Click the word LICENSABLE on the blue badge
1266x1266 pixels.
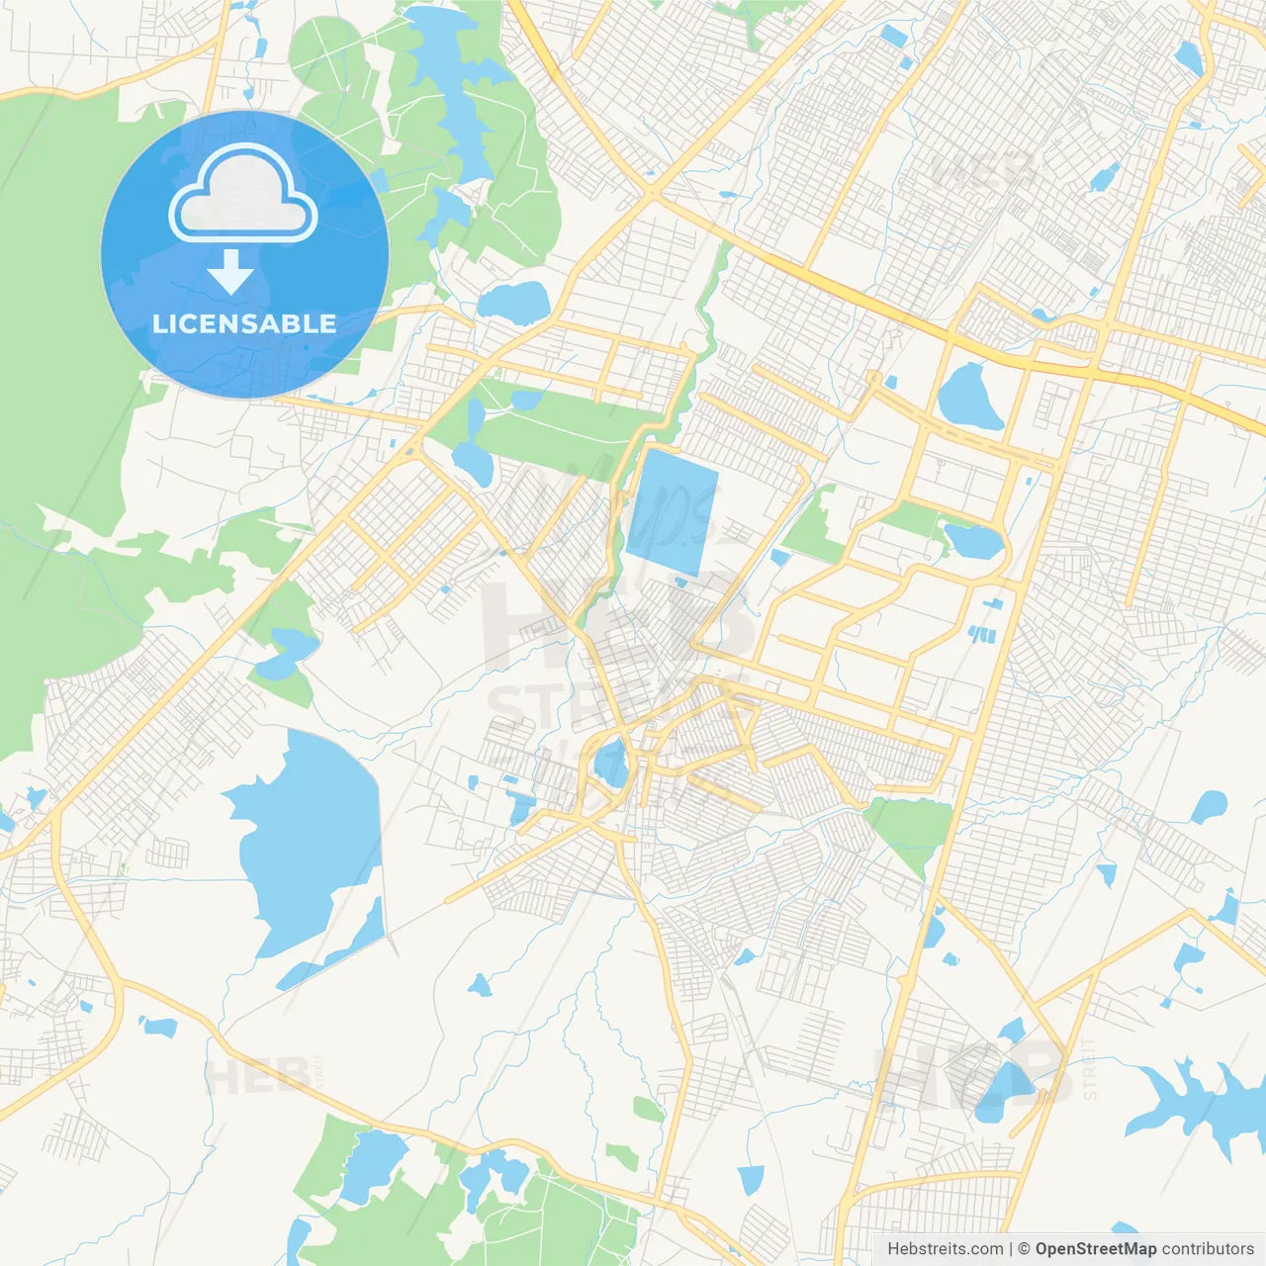[244, 323]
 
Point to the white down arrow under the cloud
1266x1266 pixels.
[230, 272]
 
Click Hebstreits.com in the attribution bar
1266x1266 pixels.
[945, 1249]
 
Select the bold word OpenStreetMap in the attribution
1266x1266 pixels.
[1095, 1249]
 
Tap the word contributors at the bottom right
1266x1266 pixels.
[1208, 1249]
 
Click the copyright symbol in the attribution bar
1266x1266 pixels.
[1024, 1249]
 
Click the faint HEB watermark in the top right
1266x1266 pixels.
[984, 170]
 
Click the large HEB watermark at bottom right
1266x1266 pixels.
[974, 1073]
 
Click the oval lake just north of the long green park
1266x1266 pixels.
[512, 302]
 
